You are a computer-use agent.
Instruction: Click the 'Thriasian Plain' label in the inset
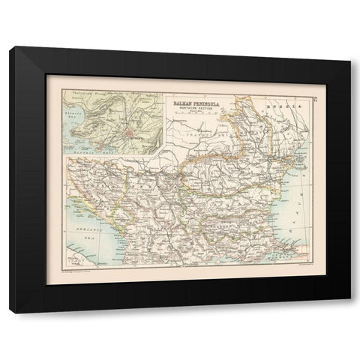click(x=84, y=99)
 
